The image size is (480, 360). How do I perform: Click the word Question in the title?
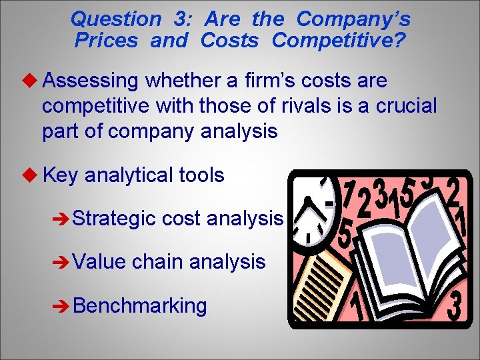point(115,19)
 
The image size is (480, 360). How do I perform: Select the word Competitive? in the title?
point(338,41)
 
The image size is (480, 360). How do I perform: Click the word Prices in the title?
point(106,41)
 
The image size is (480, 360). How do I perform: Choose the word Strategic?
point(114,217)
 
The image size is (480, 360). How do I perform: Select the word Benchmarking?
point(140,305)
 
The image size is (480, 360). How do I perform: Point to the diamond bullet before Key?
point(32,175)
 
